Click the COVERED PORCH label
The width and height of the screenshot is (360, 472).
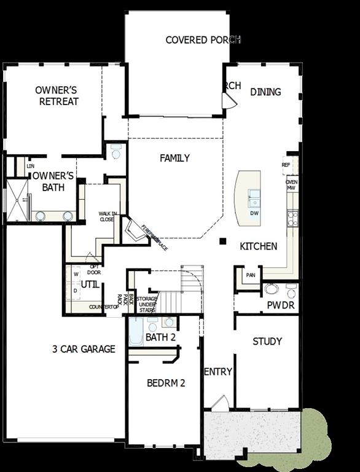[x=203, y=40]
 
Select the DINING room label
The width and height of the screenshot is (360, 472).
[x=265, y=92]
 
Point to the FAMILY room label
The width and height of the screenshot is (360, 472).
[x=174, y=159]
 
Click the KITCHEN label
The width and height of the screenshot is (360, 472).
[x=258, y=246]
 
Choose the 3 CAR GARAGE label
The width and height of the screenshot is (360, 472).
[x=84, y=349]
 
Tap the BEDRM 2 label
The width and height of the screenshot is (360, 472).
[x=166, y=383]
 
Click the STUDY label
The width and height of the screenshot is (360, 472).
[x=267, y=342]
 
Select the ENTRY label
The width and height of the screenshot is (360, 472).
[x=217, y=372]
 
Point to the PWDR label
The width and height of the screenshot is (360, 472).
[x=281, y=305]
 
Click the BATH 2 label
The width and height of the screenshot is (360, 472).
[x=161, y=337]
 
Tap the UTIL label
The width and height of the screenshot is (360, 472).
[x=90, y=285]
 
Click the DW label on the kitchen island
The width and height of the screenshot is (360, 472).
[x=254, y=213]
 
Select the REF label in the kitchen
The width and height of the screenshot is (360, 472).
[x=286, y=165]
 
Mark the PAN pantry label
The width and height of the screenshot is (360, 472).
[x=251, y=275]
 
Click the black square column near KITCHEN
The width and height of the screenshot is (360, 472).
[x=224, y=241]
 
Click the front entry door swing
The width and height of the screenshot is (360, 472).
[x=219, y=404]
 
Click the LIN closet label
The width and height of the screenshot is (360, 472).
[x=30, y=166]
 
